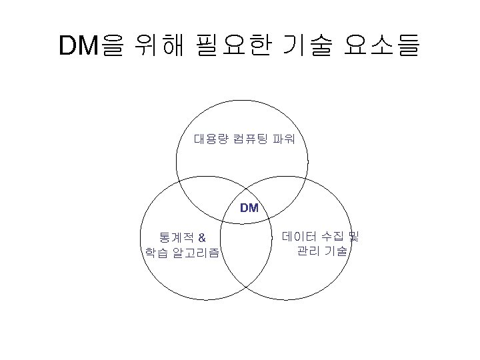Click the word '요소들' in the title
pos(383,45)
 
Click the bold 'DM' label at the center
pos(249,208)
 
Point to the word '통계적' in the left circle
pos(173,237)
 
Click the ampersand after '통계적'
pos(202,237)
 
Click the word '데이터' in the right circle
pos(299,236)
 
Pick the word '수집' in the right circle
pos(332,236)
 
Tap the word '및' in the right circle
pos(354,236)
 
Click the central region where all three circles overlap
pos(248,200)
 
